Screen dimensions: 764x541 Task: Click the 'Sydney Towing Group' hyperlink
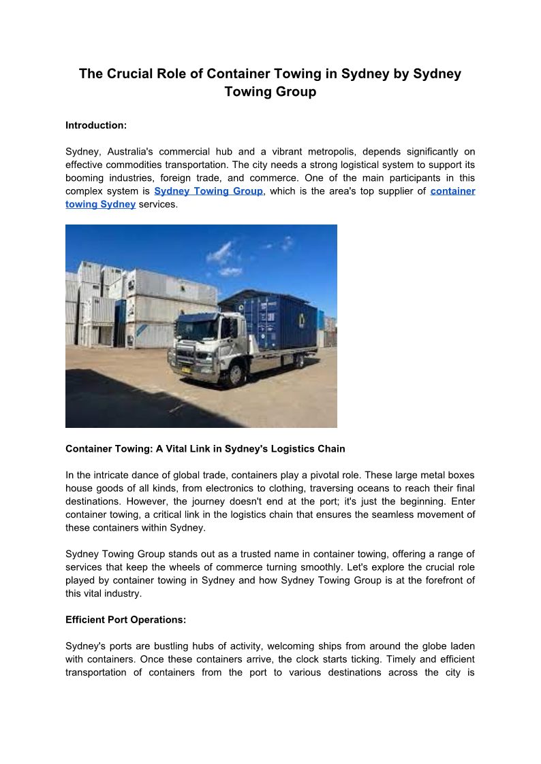coord(208,191)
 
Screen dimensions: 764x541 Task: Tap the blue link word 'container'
coord(452,191)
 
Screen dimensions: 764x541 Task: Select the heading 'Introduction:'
coord(96,125)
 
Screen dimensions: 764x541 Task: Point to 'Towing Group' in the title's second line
coord(270,91)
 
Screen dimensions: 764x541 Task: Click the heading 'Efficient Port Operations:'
coord(125,620)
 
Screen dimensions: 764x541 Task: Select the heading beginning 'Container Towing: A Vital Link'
coord(205,449)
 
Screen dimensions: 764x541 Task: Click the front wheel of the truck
coord(236,373)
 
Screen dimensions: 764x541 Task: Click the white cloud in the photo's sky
coord(220,253)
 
